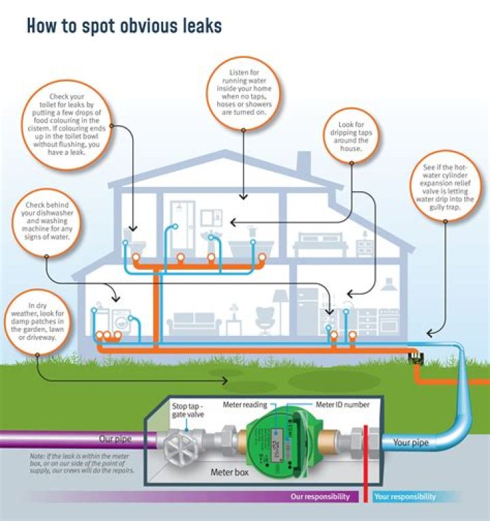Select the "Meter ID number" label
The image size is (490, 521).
(343, 405)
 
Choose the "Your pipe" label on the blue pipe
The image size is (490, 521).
(411, 443)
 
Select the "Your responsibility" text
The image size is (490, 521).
(406, 497)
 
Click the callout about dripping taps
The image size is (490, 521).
(352, 135)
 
